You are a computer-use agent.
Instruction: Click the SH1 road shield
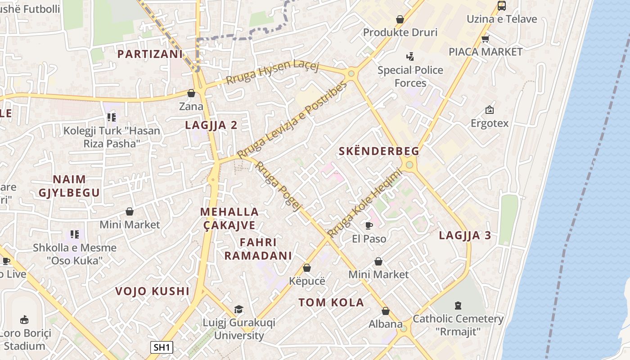coord(161,347)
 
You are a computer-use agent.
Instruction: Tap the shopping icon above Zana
coord(191,94)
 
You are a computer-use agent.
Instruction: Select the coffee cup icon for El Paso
coord(369,225)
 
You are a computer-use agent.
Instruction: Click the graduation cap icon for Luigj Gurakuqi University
coord(238,310)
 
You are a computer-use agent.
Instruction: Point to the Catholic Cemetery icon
coord(458,306)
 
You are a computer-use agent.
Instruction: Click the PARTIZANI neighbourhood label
coord(150,54)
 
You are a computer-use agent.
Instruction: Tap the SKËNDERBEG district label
coord(378,151)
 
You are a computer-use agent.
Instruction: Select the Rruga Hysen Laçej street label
coord(272,72)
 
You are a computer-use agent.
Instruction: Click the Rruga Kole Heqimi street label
coord(364,203)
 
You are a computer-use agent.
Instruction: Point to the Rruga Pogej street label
coord(278,186)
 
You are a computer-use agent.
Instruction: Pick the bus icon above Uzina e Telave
coord(502,6)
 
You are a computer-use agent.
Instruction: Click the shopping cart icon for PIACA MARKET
coord(485,39)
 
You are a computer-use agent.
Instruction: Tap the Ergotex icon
coord(489,110)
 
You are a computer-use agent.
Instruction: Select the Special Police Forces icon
coord(410,57)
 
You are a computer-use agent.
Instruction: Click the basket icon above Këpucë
coord(307,268)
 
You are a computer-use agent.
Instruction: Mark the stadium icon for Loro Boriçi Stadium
coord(24,320)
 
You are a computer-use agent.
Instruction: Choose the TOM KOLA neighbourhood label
coord(331,302)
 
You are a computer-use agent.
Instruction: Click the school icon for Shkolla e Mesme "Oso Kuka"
coord(75,234)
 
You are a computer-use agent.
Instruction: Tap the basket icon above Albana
coord(386,311)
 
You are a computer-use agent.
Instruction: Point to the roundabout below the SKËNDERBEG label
coord(409,165)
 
